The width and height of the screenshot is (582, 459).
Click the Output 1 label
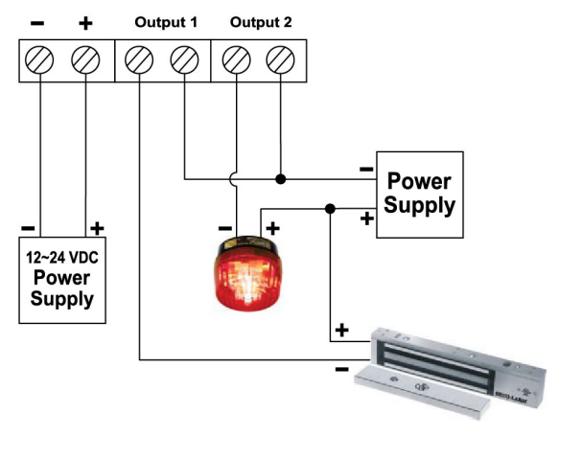pos(166,21)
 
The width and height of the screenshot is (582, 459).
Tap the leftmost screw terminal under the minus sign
pos(40,62)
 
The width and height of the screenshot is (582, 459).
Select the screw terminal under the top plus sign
pos(87,62)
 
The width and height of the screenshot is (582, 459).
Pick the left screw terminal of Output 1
pos(139,62)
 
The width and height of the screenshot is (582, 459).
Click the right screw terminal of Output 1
pos(184,62)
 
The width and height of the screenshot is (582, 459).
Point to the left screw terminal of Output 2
pos(234,62)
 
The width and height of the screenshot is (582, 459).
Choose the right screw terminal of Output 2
pos(280,62)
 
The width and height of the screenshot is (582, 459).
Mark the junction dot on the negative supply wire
pos(280,178)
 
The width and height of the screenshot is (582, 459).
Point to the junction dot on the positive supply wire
pos(330,208)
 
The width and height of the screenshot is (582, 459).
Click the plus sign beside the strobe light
pos(272,228)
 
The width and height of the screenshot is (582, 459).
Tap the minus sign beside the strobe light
pos(224,228)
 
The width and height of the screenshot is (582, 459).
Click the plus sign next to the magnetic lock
pos(340,331)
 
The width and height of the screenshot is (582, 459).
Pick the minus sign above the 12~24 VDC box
pos(28,228)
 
